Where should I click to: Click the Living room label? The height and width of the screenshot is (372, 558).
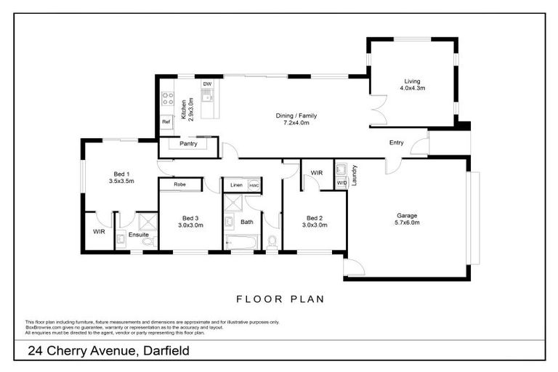[412, 81]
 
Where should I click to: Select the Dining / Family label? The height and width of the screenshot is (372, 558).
[296, 116]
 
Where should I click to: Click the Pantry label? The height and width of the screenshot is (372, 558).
[188, 144]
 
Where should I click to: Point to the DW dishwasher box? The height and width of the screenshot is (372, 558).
[207, 84]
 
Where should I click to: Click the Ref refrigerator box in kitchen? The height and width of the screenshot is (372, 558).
[166, 121]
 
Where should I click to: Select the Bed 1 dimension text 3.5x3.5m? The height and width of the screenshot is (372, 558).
[122, 181]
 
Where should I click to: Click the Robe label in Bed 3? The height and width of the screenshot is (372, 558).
[179, 185]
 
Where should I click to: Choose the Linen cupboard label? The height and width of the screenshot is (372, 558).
[236, 186]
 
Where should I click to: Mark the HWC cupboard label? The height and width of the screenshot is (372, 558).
[254, 186]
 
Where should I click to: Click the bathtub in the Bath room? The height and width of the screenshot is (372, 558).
[240, 241]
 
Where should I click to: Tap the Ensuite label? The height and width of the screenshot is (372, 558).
[138, 235]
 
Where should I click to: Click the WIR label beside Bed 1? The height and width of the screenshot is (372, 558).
[98, 232]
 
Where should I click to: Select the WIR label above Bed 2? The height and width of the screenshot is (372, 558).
[316, 173]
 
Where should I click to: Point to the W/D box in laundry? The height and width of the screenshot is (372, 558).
[341, 183]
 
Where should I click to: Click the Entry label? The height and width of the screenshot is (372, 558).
[396, 142]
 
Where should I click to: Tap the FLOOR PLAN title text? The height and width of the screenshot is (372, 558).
[280, 299]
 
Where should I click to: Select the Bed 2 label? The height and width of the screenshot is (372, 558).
[314, 218]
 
